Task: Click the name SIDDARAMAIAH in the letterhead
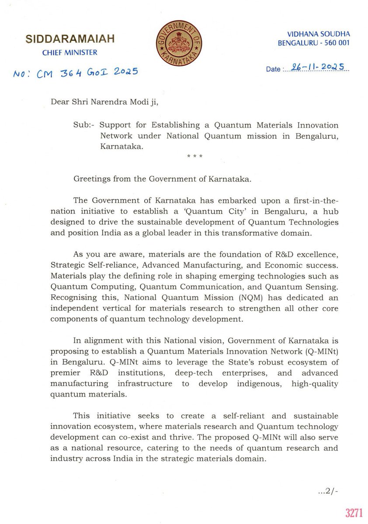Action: pos(70,39)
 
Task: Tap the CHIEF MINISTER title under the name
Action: pos(70,52)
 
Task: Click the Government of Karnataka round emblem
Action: pos(178,41)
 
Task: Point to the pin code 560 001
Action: pos(336,43)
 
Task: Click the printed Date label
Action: pos(273,69)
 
